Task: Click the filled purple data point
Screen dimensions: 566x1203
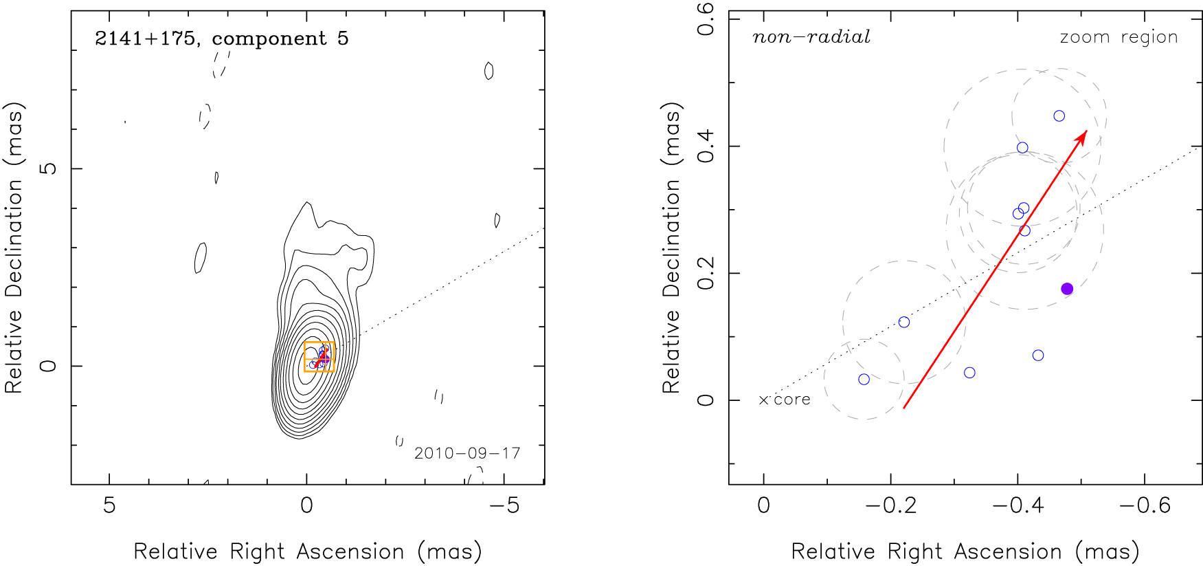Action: point(1066,289)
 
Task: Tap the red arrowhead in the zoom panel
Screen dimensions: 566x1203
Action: point(1082,135)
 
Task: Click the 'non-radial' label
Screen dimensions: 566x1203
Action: point(811,37)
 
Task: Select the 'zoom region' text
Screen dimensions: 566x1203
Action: point(1118,37)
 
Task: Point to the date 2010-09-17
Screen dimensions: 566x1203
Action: point(467,453)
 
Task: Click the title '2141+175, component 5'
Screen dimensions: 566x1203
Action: point(221,39)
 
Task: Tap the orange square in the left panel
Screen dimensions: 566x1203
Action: point(319,356)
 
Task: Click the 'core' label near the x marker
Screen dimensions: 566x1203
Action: point(792,400)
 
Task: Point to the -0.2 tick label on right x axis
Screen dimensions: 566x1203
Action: point(890,506)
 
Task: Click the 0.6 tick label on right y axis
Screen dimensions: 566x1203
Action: point(706,19)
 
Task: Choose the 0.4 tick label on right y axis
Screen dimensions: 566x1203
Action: point(706,146)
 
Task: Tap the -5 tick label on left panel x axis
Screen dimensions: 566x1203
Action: point(504,506)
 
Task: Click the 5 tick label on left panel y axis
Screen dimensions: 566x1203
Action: point(49,168)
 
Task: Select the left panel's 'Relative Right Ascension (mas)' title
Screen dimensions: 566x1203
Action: point(307,552)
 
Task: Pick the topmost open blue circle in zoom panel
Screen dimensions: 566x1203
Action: point(1059,116)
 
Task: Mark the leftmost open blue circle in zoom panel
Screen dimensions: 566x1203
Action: point(864,380)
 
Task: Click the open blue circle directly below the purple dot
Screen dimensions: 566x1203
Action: point(1037,356)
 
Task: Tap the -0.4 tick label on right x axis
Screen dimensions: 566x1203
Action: point(1018,506)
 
